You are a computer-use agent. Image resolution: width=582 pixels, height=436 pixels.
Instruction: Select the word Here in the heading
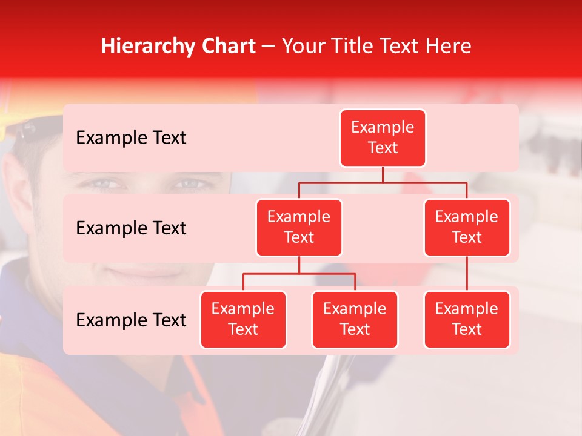(x=449, y=46)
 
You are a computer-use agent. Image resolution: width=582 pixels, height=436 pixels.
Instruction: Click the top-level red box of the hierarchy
(x=383, y=137)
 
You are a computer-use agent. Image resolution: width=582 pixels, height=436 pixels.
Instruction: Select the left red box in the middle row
(x=299, y=227)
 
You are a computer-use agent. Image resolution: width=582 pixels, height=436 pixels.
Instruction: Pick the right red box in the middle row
(x=467, y=227)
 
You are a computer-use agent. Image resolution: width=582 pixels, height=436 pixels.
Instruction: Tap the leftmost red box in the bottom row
(x=243, y=319)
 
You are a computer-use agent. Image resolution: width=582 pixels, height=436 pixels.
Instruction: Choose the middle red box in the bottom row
(x=355, y=319)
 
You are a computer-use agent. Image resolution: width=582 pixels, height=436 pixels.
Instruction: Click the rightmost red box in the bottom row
(x=467, y=319)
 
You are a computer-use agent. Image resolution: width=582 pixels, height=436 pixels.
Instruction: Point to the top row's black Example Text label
(x=131, y=137)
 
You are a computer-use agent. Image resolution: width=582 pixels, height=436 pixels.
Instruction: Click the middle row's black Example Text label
(x=131, y=228)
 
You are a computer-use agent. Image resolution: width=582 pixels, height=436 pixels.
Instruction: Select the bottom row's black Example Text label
(x=131, y=320)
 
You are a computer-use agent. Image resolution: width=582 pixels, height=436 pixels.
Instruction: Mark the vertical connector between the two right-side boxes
(x=467, y=274)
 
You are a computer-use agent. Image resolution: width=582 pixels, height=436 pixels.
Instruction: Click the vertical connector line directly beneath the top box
(x=383, y=174)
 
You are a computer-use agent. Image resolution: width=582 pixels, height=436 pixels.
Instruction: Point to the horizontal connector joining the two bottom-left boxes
(x=299, y=274)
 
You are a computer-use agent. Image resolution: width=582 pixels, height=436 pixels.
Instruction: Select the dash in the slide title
(x=269, y=47)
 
